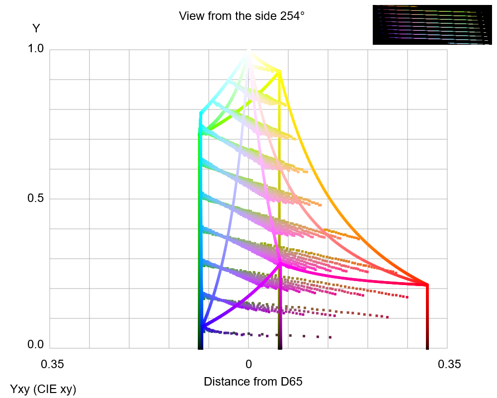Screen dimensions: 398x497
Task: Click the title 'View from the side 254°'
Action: point(242,16)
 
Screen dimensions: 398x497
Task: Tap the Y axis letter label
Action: point(36,28)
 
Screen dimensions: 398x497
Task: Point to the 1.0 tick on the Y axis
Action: point(36,49)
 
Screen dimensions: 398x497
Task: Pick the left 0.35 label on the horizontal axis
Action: point(52,364)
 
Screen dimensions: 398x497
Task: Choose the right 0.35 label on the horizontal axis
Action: point(449,364)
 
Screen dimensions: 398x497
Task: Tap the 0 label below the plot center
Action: point(249,364)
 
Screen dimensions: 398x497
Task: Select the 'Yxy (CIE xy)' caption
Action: point(43,389)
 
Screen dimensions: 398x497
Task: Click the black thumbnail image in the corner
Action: point(431,25)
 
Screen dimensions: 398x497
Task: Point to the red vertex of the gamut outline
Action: point(427,285)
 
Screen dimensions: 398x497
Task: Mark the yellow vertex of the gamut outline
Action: point(279,72)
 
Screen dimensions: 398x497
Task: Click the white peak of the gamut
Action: point(248,52)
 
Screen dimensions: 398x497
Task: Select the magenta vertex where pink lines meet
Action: point(280,264)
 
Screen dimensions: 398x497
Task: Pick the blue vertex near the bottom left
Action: point(202,327)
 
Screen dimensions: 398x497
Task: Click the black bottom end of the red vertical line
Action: point(427,346)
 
